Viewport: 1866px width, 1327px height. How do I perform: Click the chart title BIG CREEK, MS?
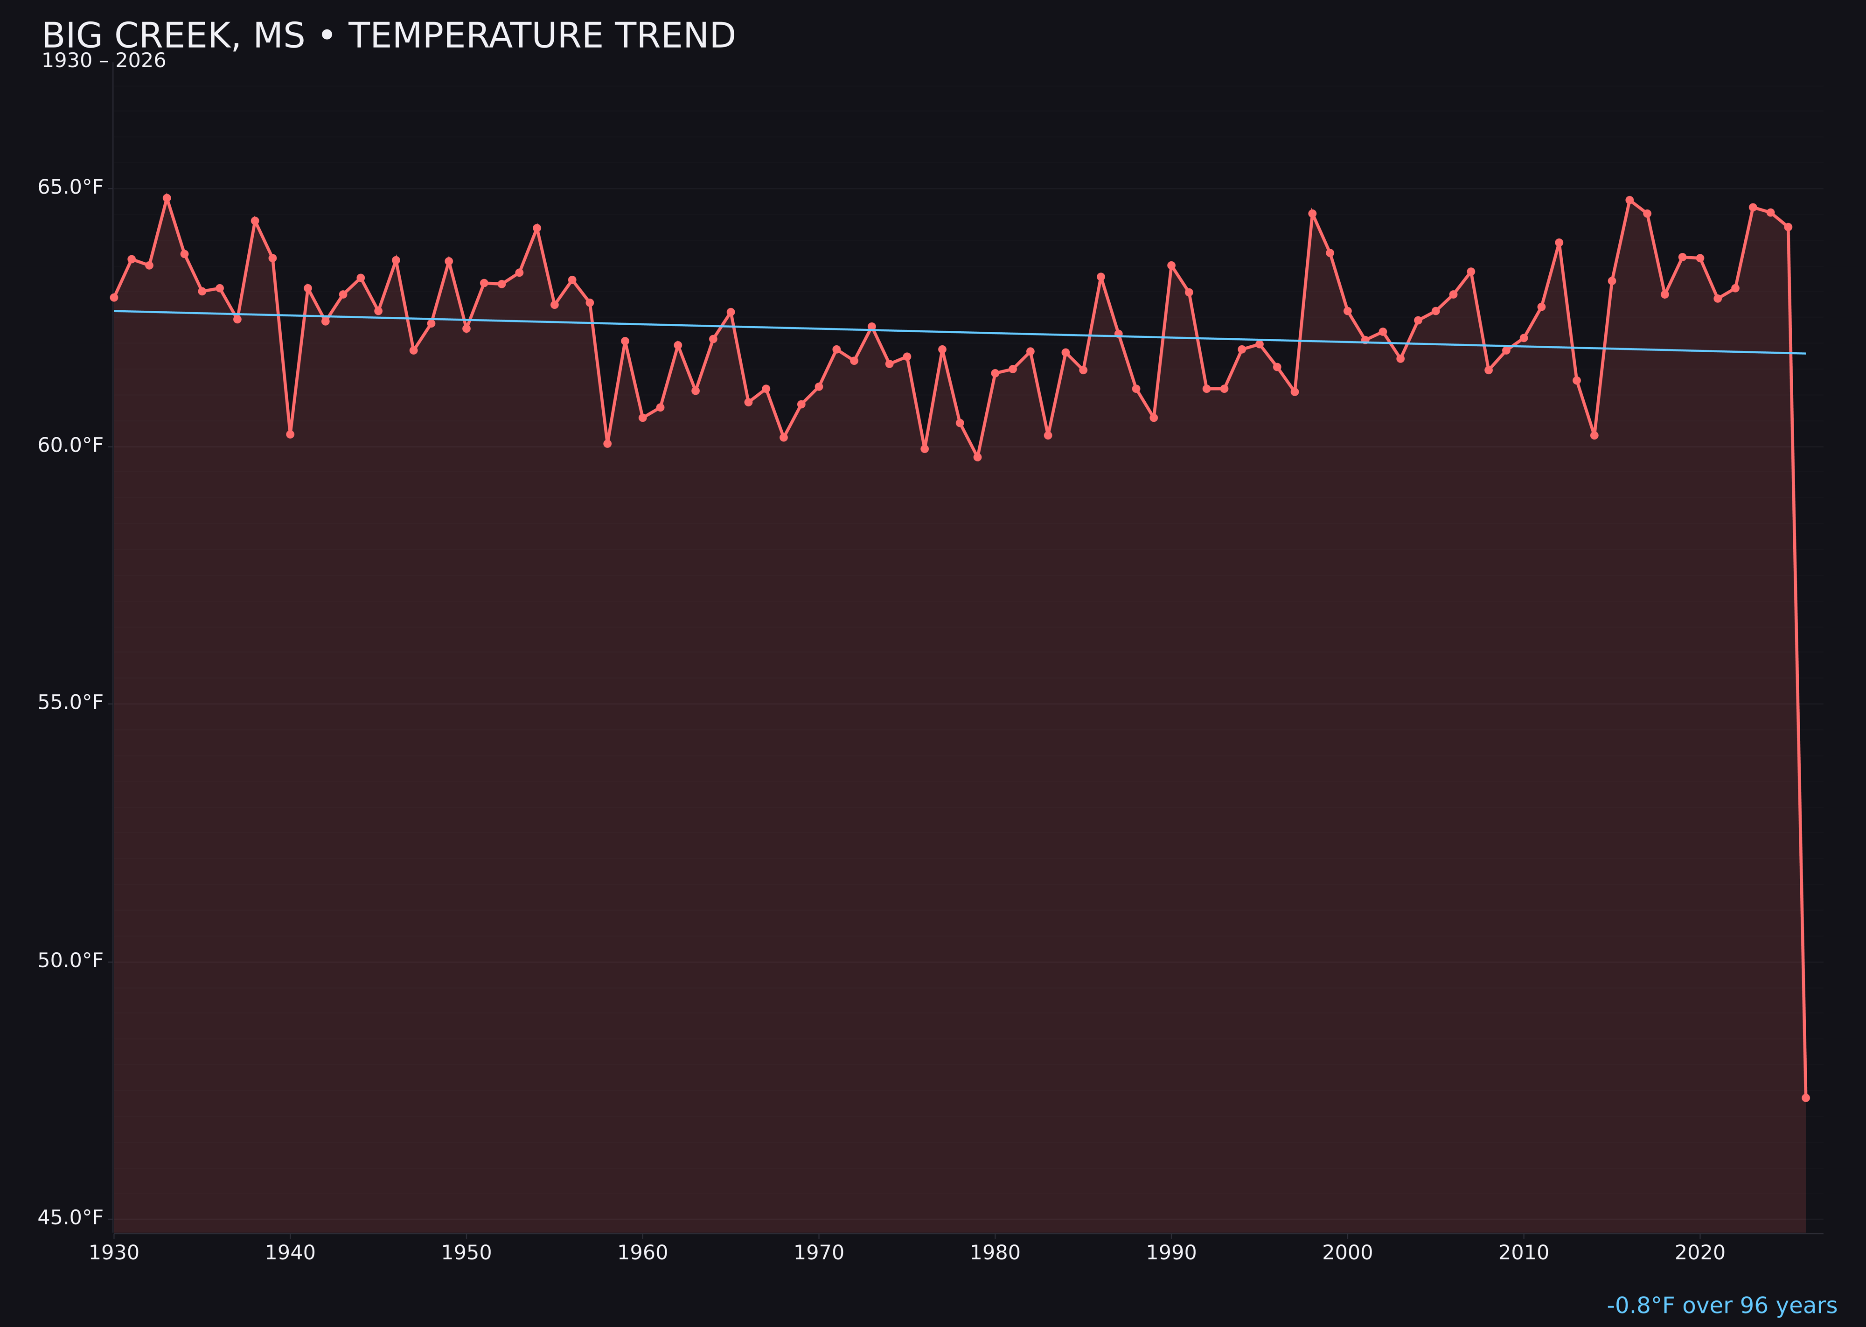tap(388, 36)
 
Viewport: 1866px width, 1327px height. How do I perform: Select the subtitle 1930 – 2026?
tap(104, 61)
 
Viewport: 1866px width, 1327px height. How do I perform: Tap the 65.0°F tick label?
tap(70, 187)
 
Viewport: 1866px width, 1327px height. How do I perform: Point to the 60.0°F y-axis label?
tap(70, 445)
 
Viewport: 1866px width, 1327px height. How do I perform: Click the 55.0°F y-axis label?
tap(70, 703)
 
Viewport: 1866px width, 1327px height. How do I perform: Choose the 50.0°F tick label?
tap(70, 960)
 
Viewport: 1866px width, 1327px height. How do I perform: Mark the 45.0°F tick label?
tap(70, 1217)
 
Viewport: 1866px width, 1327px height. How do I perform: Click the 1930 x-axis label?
tap(114, 1253)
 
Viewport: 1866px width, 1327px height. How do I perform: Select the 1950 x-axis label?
tap(466, 1253)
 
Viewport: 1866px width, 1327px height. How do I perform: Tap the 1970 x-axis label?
tap(819, 1253)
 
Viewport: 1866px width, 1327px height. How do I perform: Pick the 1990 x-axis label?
tap(1171, 1253)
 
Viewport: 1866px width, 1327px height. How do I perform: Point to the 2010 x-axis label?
tap(1524, 1253)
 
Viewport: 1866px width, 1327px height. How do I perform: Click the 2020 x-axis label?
tap(1699, 1253)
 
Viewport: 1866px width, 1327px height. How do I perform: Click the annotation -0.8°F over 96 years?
tap(1721, 1305)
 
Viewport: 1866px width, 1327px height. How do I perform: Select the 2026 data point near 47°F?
tap(1805, 1097)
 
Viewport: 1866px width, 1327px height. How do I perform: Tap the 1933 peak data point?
tap(167, 198)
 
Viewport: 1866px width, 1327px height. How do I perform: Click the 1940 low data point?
tap(290, 434)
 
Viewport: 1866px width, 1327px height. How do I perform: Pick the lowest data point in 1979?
tap(977, 457)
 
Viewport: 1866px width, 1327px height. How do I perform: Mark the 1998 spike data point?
tap(1312, 213)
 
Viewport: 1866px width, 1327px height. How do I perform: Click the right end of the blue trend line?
tap(1805, 353)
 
